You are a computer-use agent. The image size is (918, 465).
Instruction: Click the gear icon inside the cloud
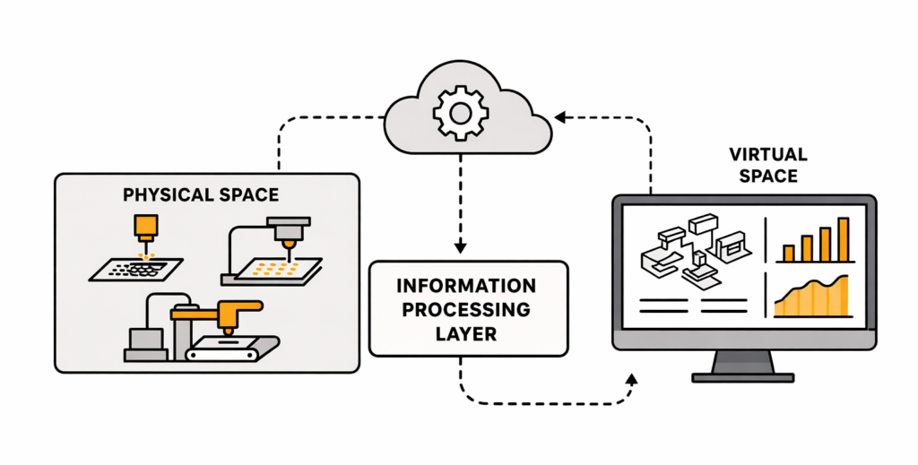tap(461, 112)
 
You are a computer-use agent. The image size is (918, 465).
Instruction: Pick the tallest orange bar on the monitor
tap(843, 239)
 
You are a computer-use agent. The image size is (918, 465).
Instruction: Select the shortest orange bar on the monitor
tap(788, 254)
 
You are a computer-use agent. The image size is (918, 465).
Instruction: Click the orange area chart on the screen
tap(811, 300)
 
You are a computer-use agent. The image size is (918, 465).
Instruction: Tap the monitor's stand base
tap(743, 375)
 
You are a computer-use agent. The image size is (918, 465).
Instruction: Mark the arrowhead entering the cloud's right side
tap(559, 116)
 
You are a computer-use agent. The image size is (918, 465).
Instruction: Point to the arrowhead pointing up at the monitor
tap(631, 380)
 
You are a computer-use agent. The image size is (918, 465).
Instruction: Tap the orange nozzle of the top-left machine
tap(142, 228)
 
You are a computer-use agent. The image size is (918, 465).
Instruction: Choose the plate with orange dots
tap(271, 270)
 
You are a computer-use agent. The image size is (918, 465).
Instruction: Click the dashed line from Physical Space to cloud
tap(280, 143)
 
